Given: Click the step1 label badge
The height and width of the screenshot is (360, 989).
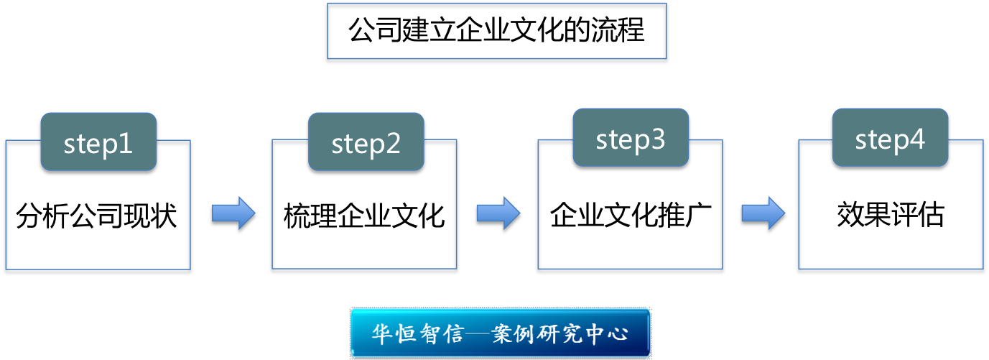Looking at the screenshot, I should [x=98, y=142].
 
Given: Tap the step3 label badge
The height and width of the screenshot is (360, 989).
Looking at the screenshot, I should [x=631, y=137].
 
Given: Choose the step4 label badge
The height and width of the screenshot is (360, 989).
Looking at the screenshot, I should [x=890, y=137].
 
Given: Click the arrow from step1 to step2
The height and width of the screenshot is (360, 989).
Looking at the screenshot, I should [x=233, y=213].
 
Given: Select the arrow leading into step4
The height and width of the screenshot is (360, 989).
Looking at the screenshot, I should [x=763, y=213].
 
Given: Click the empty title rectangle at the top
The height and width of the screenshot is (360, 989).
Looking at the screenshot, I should [x=496, y=31].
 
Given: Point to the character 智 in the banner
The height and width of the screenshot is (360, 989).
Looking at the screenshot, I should [x=430, y=333].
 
